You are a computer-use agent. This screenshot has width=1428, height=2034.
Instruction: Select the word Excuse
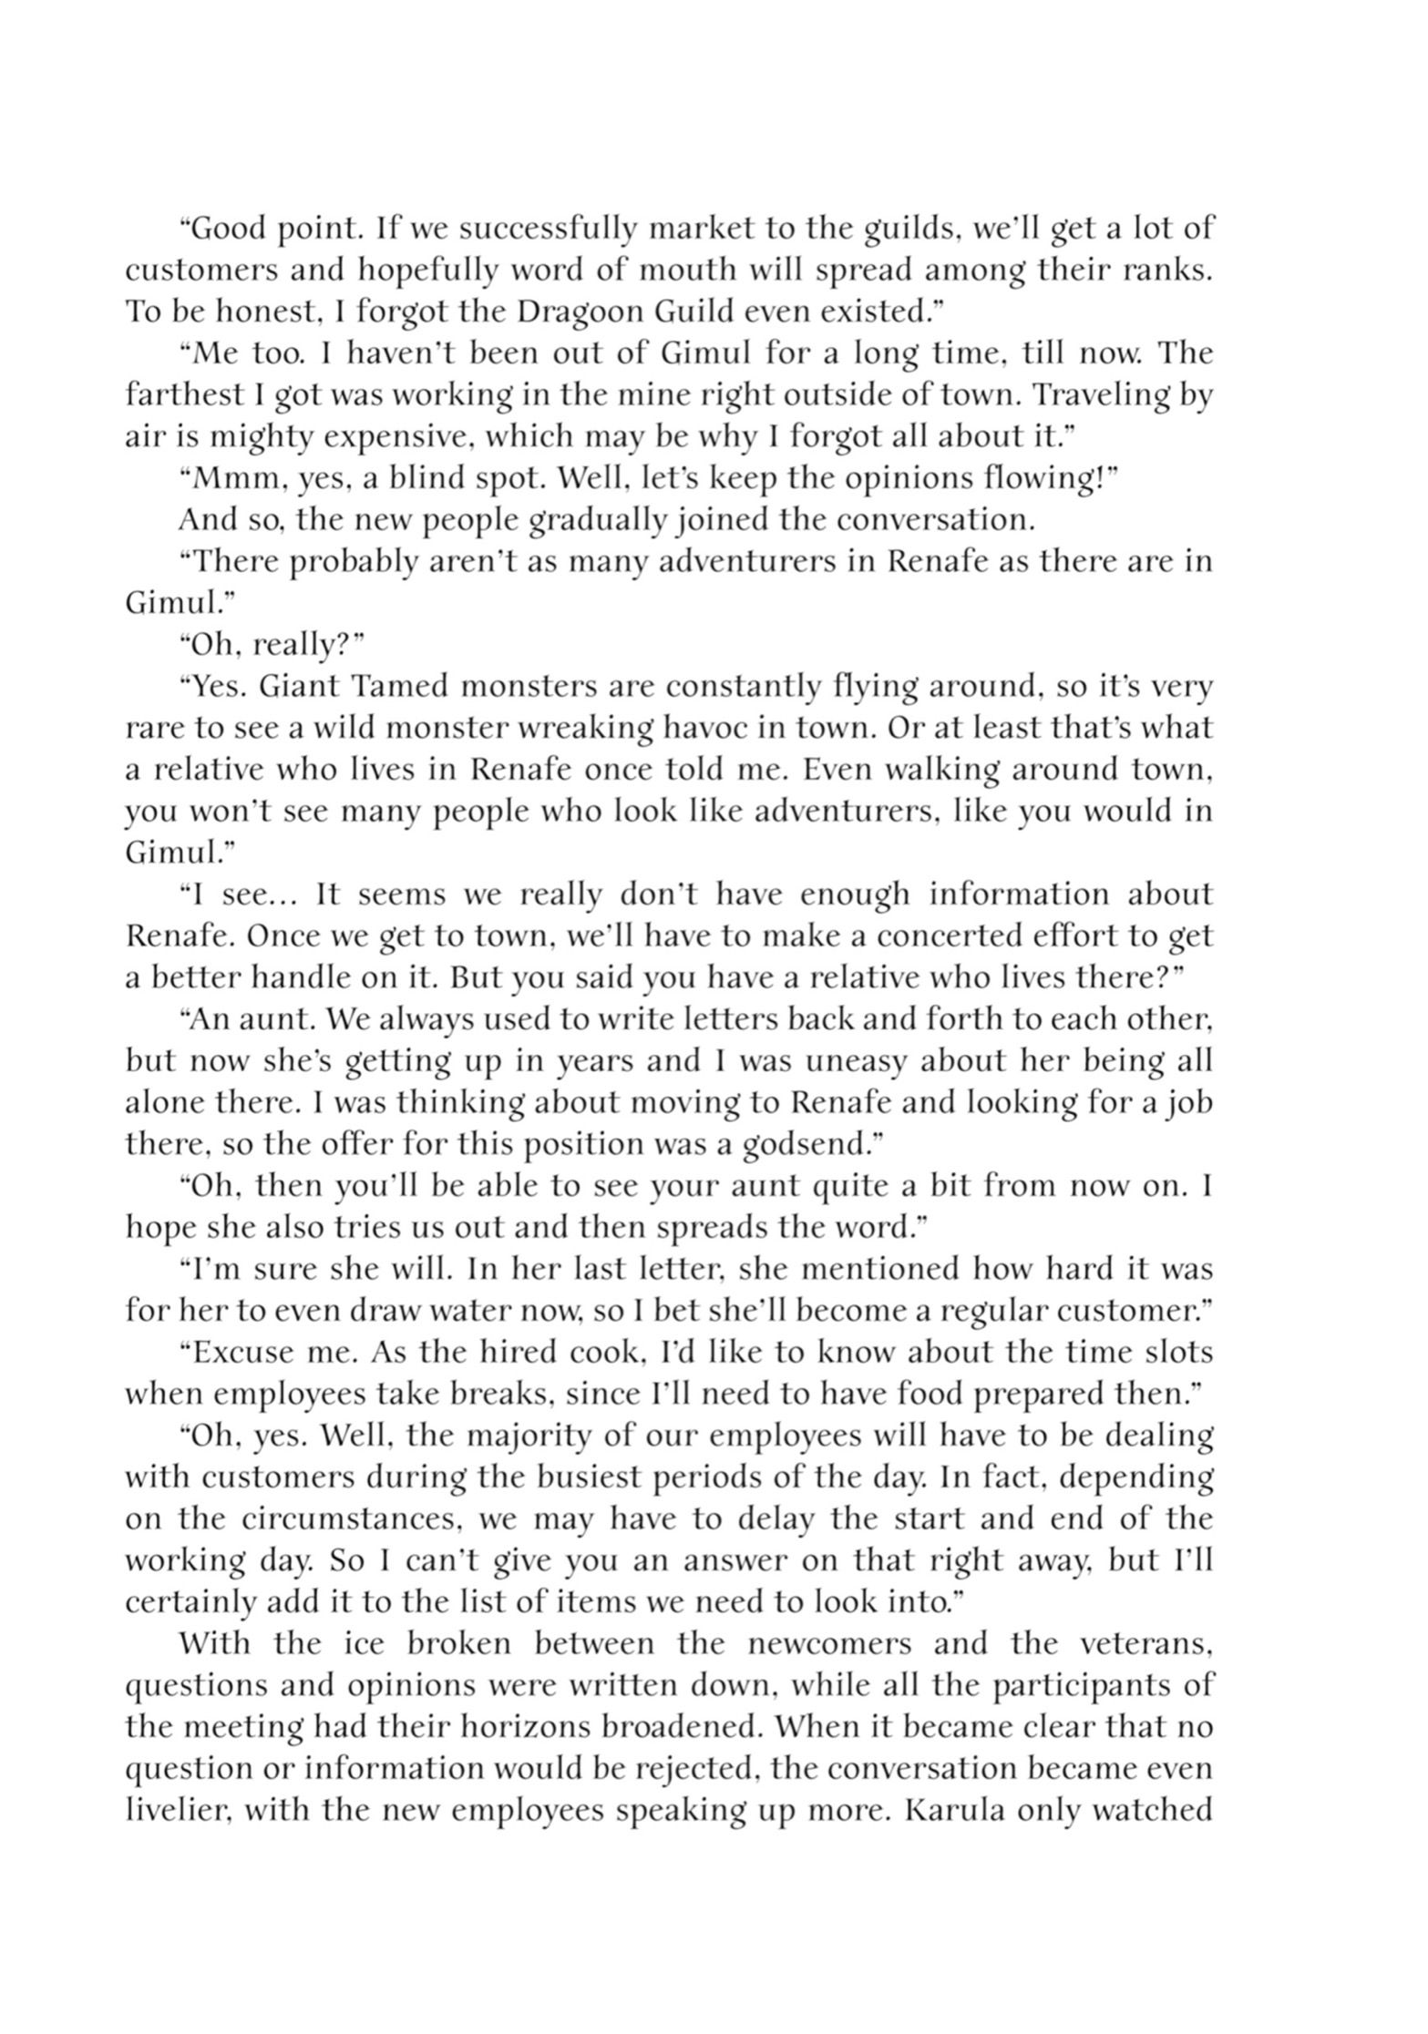tap(241, 1353)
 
